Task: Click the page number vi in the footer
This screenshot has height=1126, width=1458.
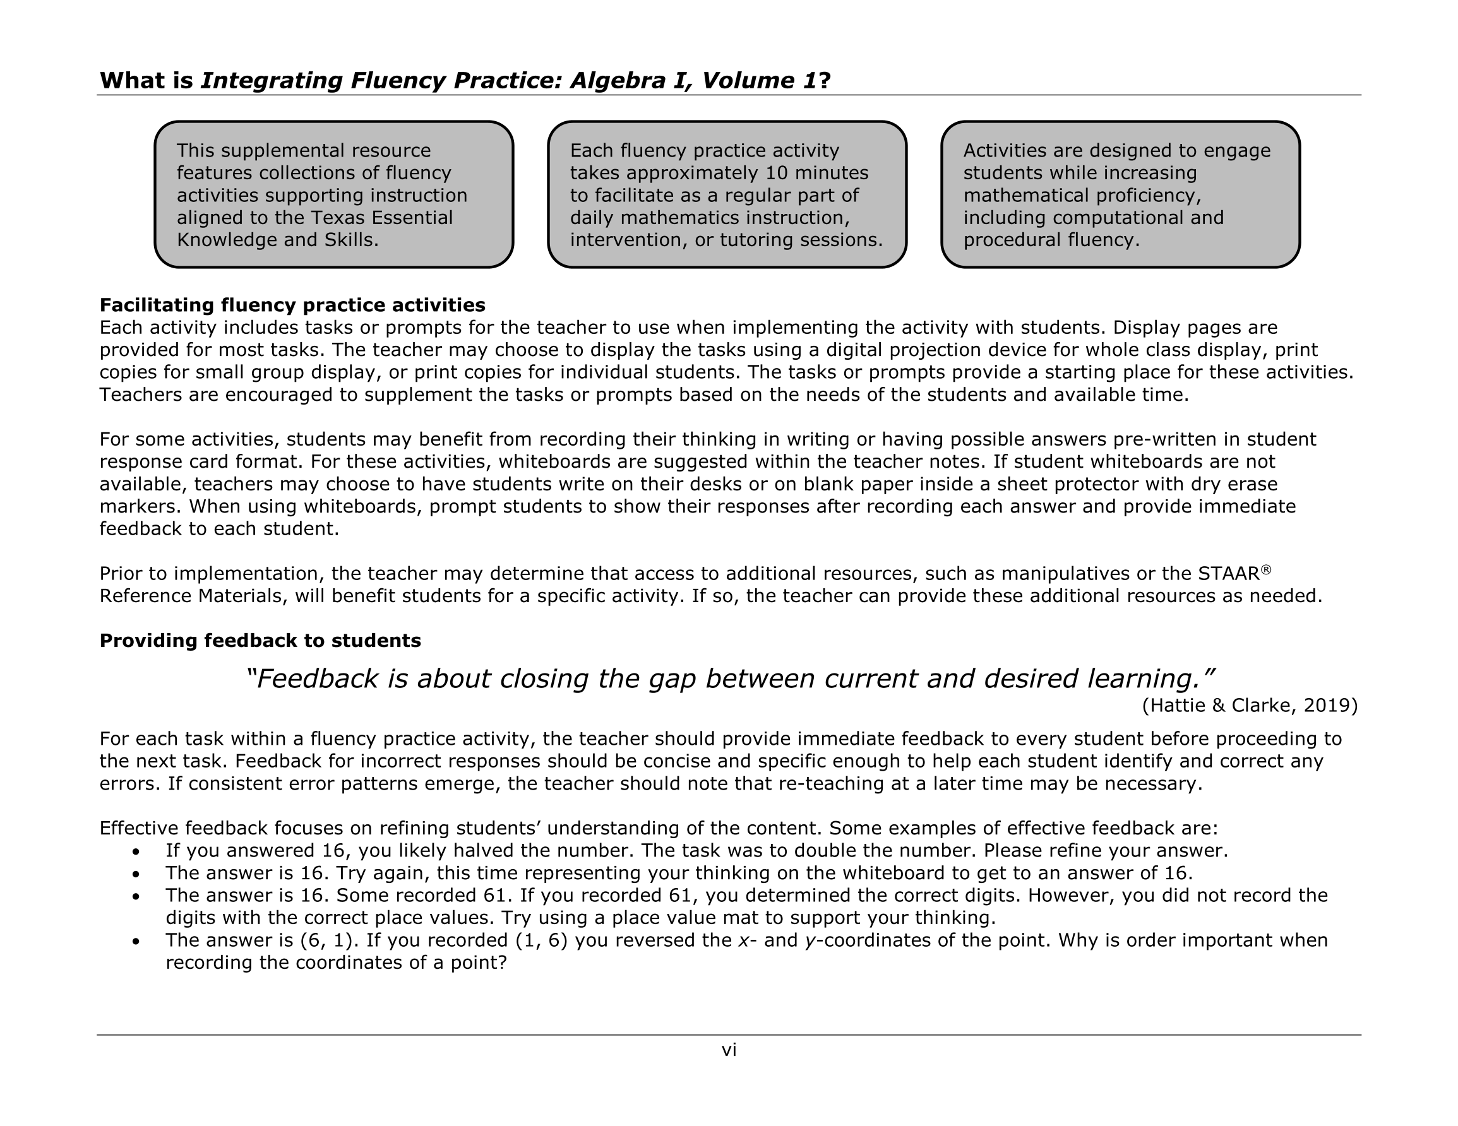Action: (728, 1050)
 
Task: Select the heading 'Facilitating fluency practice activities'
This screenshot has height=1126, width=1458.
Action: (292, 305)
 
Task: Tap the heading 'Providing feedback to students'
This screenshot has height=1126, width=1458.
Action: (260, 641)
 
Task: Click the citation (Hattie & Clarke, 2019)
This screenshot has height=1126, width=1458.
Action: (1249, 706)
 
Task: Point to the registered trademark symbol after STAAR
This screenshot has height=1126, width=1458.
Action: (1266, 569)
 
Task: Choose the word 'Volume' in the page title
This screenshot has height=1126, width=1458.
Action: (745, 81)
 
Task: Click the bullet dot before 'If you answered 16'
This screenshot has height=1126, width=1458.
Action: (136, 852)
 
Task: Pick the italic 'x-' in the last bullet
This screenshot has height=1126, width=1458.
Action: (746, 941)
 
